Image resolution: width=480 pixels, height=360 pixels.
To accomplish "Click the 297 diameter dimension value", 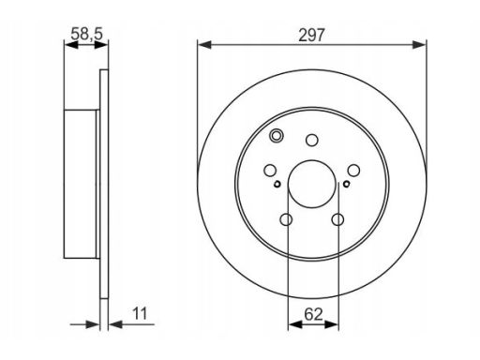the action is click(x=311, y=35).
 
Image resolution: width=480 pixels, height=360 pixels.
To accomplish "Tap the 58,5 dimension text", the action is click(x=86, y=34).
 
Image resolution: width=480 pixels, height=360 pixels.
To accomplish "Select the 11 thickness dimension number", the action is click(x=140, y=313).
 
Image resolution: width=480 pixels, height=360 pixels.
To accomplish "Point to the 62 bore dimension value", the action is click(x=313, y=314).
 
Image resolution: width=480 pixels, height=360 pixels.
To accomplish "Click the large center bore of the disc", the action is click(x=312, y=184).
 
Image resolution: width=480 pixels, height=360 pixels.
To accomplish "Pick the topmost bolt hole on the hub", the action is click(x=312, y=140).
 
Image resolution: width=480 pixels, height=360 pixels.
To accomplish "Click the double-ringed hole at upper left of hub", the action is click(x=277, y=136).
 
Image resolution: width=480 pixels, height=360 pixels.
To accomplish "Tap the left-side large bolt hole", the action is click(x=270, y=171).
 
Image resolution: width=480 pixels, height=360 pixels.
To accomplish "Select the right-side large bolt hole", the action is click(x=353, y=171).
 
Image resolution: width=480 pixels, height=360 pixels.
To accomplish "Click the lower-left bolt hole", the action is click(x=286, y=219).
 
